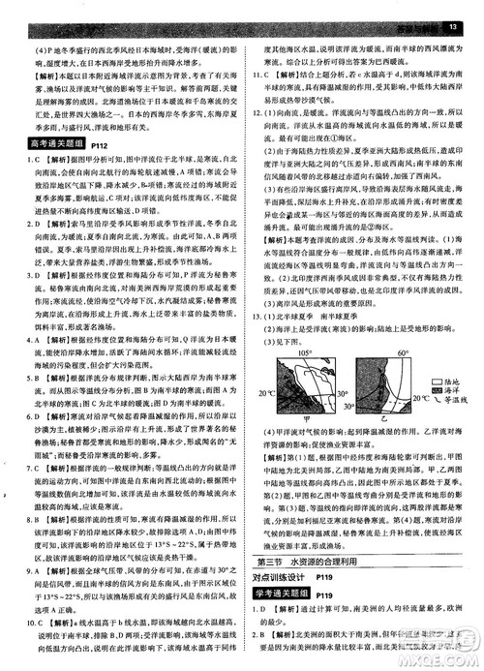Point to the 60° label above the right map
(x=374, y=354)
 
